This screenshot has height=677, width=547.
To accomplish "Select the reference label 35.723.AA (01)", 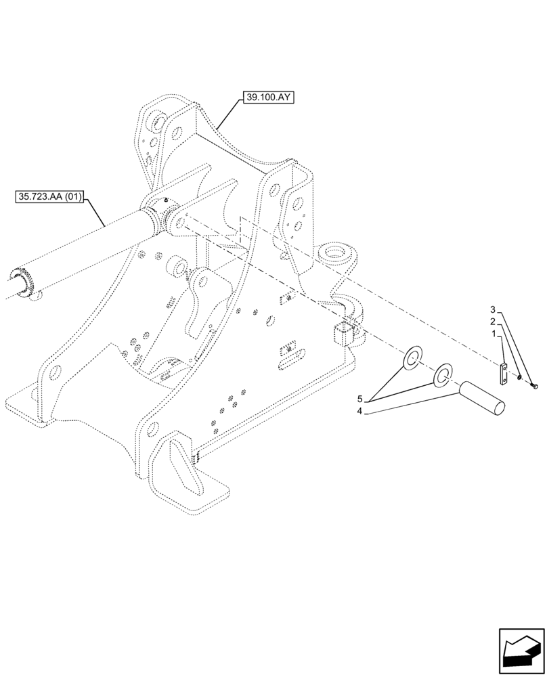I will tap(49, 198).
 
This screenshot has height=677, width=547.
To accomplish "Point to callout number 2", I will tap(494, 322).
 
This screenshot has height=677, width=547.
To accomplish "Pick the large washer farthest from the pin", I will tap(412, 359).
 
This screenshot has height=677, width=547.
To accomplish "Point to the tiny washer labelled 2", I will tap(519, 378).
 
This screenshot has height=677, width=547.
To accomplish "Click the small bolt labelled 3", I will tap(533, 386).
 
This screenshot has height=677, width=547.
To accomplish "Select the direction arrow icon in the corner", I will tap(521, 651).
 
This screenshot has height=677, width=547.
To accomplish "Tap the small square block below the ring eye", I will tap(343, 334).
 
